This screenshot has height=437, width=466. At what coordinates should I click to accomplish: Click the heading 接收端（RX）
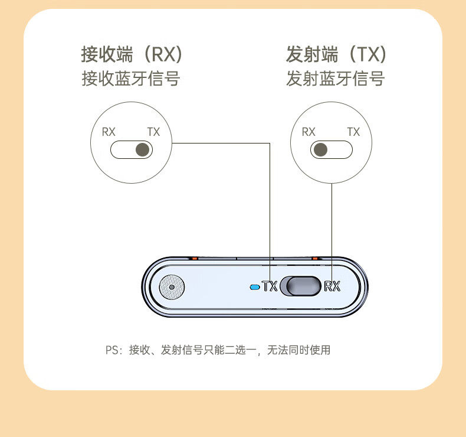coord(131,55)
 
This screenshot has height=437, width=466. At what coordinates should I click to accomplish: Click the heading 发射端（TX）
coord(336,55)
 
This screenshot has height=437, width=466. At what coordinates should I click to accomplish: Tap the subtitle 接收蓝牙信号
coord(130,79)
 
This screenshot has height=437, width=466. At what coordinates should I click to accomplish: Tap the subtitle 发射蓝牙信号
coord(335,79)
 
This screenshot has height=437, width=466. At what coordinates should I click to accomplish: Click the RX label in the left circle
coord(109,132)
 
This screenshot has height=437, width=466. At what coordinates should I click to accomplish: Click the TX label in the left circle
coord(153,132)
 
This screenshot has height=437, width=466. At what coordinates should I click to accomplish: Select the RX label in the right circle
coord(309,132)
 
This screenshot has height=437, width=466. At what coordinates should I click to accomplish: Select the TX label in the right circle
coord(353,132)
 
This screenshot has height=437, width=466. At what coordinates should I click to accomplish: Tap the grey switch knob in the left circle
coord(142,150)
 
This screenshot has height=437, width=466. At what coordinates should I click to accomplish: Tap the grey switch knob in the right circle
coord(321,150)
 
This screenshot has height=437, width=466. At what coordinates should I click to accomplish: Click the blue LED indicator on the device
coord(255,288)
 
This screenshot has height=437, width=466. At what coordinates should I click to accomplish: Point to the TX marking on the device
coord(270,287)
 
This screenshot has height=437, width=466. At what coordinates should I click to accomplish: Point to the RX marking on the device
coord(333,287)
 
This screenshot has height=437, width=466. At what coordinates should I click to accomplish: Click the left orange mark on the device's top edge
coord(194,258)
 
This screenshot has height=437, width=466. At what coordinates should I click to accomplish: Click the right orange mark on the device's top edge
coord(315,258)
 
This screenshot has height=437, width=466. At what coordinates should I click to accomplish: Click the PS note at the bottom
coord(218,350)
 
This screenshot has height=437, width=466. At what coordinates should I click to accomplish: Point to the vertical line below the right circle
coord(332,224)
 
